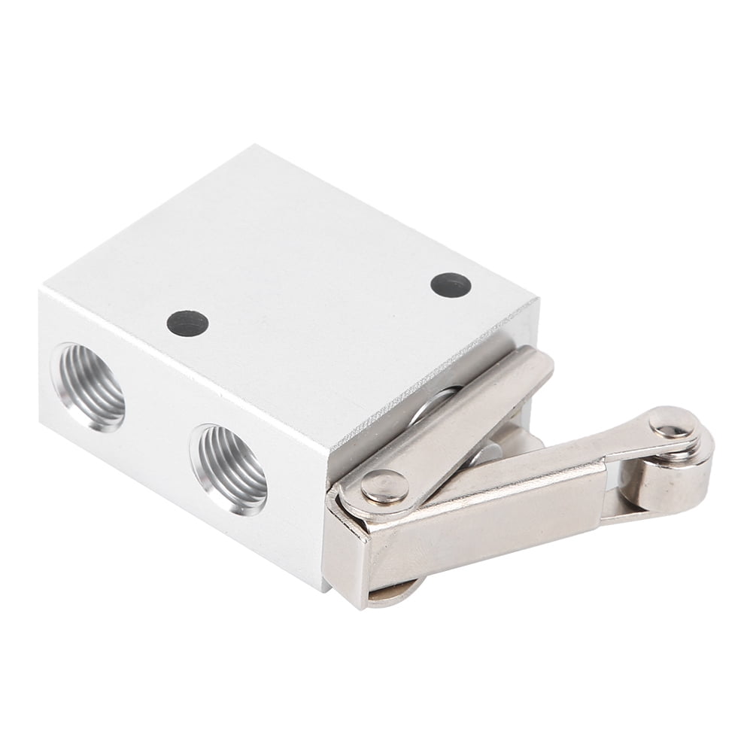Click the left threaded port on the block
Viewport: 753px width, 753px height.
coord(88,387)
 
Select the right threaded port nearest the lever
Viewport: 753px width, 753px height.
coord(229,469)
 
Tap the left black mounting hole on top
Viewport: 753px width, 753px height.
coord(187,323)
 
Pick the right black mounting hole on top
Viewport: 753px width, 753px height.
coord(451,284)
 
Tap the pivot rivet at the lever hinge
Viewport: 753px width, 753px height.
coord(384,487)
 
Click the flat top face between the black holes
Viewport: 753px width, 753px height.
coord(316,301)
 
